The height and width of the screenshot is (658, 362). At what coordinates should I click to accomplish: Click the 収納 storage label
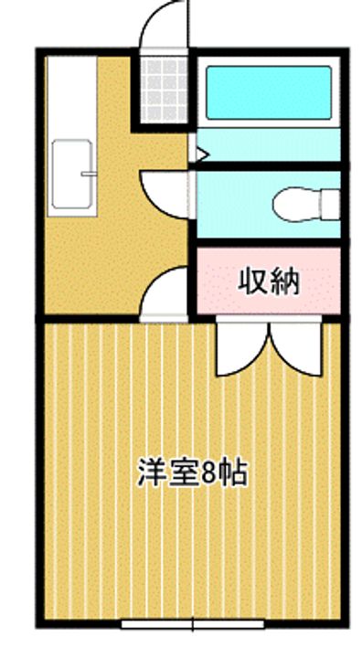click(270, 281)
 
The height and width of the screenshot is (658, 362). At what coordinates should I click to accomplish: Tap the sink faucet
click(89, 173)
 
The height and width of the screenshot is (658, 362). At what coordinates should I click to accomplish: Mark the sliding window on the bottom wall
click(193, 626)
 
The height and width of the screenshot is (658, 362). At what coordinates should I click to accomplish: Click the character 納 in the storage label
click(284, 281)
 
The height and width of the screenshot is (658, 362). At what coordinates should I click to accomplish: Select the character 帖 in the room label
click(233, 473)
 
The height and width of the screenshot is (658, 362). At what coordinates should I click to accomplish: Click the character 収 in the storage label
click(255, 281)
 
